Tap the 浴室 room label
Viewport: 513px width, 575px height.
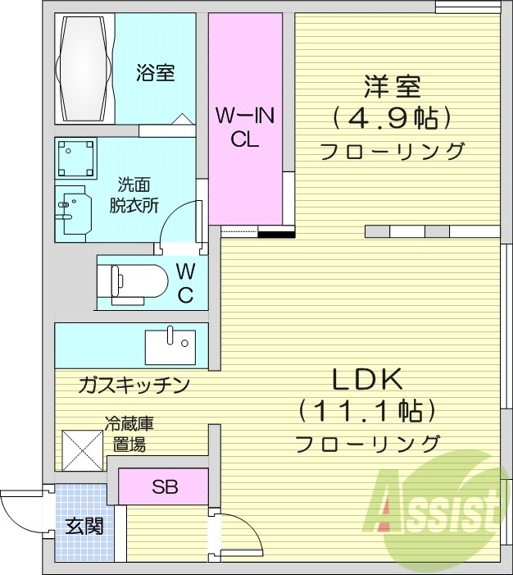pyautogui.click(x=154, y=73)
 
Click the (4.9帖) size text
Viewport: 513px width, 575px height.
pyautogui.click(x=392, y=119)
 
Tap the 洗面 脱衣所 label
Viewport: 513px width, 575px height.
pyautogui.click(x=134, y=194)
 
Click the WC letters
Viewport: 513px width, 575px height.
pyautogui.click(x=185, y=282)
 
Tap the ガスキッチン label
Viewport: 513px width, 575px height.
pyautogui.click(x=135, y=384)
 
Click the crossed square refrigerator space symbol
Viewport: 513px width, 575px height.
pyautogui.click(x=80, y=450)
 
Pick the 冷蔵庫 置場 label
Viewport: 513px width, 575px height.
pyautogui.click(x=129, y=435)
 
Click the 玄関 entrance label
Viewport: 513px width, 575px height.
pyautogui.click(x=84, y=526)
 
